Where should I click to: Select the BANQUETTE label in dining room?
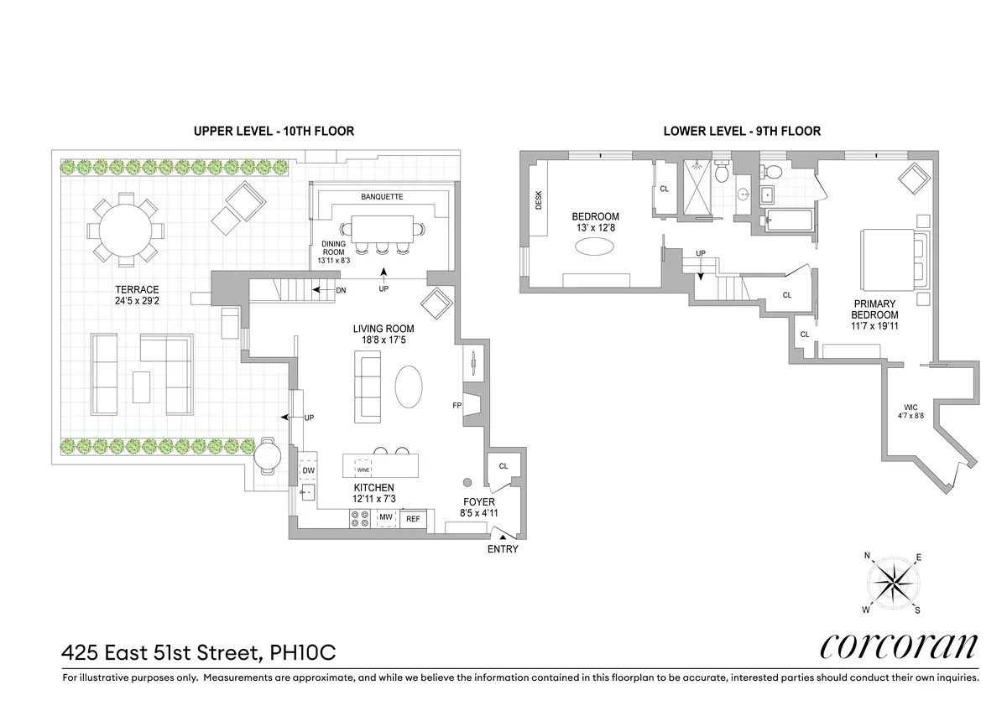click(x=382, y=197)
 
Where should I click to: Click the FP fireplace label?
click(x=457, y=406)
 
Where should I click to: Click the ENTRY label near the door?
click(x=503, y=550)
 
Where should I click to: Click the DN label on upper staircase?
click(x=341, y=290)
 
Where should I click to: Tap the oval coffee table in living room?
click(x=409, y=387)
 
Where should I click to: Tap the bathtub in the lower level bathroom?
click(x=788, y=221)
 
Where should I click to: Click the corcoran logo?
click(x=897, y=646)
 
